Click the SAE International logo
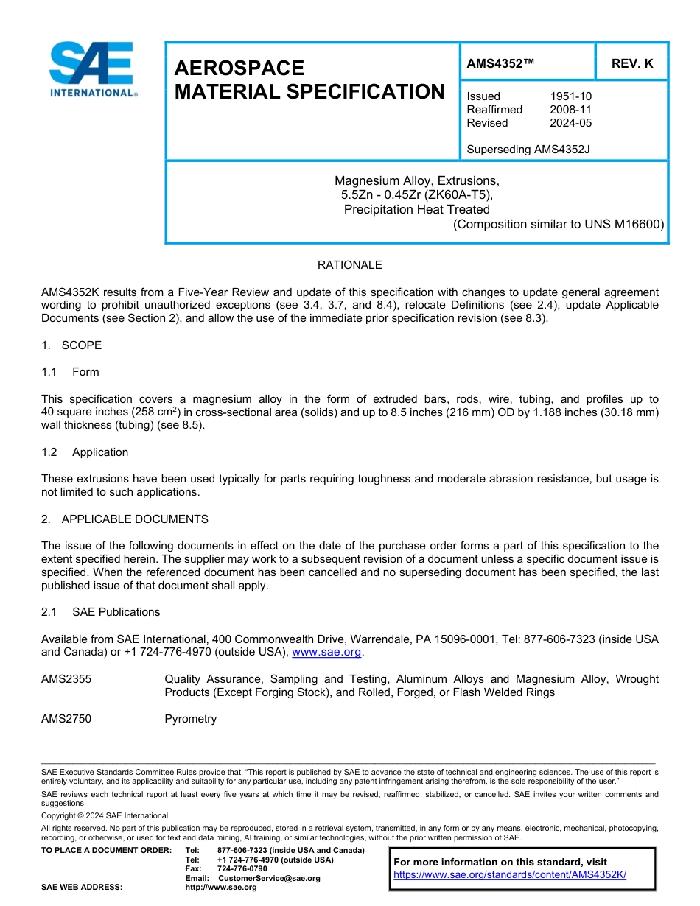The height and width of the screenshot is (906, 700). click(93, 69)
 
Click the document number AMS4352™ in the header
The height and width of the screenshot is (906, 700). click(501, 63)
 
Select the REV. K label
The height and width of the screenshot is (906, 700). click(631, 63)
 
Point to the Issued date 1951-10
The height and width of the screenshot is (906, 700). click(570, 96)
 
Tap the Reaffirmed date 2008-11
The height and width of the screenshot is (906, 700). click(570, 110)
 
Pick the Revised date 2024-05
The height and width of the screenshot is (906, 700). click(570, 123)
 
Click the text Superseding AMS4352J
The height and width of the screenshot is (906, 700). click(528, 150)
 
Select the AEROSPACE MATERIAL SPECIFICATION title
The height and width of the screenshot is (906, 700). click(309, 80)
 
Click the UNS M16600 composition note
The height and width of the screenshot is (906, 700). click(559, 224)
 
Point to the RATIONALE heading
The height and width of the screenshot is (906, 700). click(349, 265)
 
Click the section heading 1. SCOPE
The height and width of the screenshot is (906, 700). click(71, 345)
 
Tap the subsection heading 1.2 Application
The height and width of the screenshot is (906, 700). click(85, 452)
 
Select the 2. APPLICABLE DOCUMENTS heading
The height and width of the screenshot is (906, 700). click(125, 519)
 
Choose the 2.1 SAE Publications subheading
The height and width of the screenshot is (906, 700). click(100, 612)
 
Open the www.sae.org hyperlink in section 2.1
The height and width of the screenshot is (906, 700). click(327, 652)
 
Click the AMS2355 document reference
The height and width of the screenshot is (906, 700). click(66, 679)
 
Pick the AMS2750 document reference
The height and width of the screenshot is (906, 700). click(66, 719)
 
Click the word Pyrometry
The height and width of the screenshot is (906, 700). click(190, 719)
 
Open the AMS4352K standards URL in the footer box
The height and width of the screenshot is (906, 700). click(509, 874)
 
